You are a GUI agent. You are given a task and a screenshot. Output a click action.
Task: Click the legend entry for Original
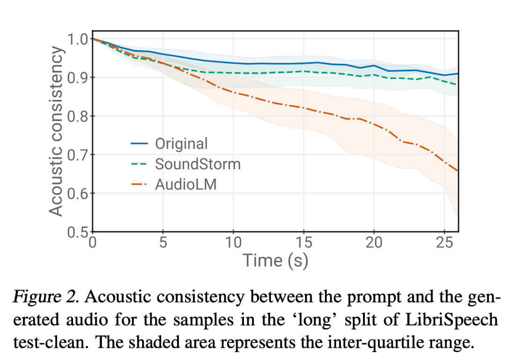click(x=181, y=143)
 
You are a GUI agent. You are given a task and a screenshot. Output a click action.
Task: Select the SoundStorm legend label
click(x=198, y=164)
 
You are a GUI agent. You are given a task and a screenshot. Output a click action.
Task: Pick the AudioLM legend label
click(x=186, y=185)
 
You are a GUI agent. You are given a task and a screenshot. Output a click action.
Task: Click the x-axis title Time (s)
click(x=275, y=260)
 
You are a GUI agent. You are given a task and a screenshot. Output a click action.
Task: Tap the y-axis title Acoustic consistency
click(x=56, y=131)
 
